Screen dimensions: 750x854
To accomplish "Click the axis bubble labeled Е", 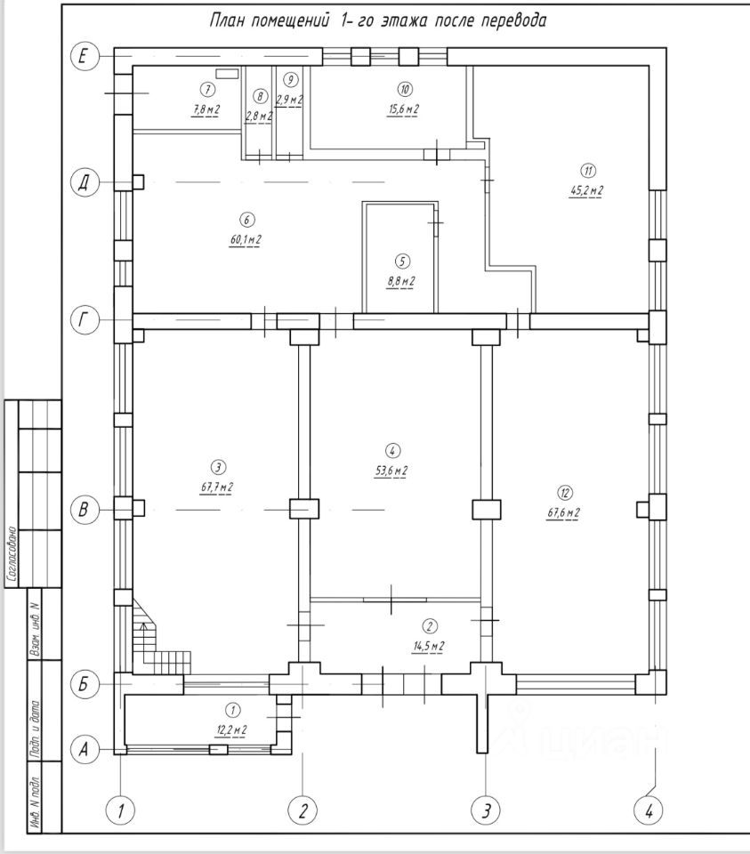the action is pyautogui.click(x=84, y=56).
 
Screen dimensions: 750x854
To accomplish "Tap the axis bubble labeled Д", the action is pyautogui.click(x=84, y=182).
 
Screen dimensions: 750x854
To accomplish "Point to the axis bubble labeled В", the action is pyautogui.click(x=84, y=510).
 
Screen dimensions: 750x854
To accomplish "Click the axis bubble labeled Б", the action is pyautogui.click(x=84, y=684).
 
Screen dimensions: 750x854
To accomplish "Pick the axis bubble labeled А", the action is pyautogui.click(x=84, y=750).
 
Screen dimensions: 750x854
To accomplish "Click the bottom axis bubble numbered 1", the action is pyautogui.click(x=120, y=810).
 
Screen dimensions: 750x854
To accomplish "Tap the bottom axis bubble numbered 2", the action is pyautogui.click(x=302, y=810).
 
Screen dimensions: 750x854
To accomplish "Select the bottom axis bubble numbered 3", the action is pyautogui.click(x=485, y=810).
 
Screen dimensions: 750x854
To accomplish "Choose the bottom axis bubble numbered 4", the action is pyautogui.click(x=649, y=810).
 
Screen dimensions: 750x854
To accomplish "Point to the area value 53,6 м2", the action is pyautogui.click(x=392, y=470).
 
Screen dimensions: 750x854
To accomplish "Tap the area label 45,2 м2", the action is pyautogui.click(x=587, y=189).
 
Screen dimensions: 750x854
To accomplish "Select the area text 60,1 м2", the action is pyautogui.click(x=245, y=238).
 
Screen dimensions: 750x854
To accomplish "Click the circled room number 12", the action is pyautogui.click(x=563, y=492).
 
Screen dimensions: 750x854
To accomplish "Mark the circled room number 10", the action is pyautogui.click(x=404, y=89).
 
